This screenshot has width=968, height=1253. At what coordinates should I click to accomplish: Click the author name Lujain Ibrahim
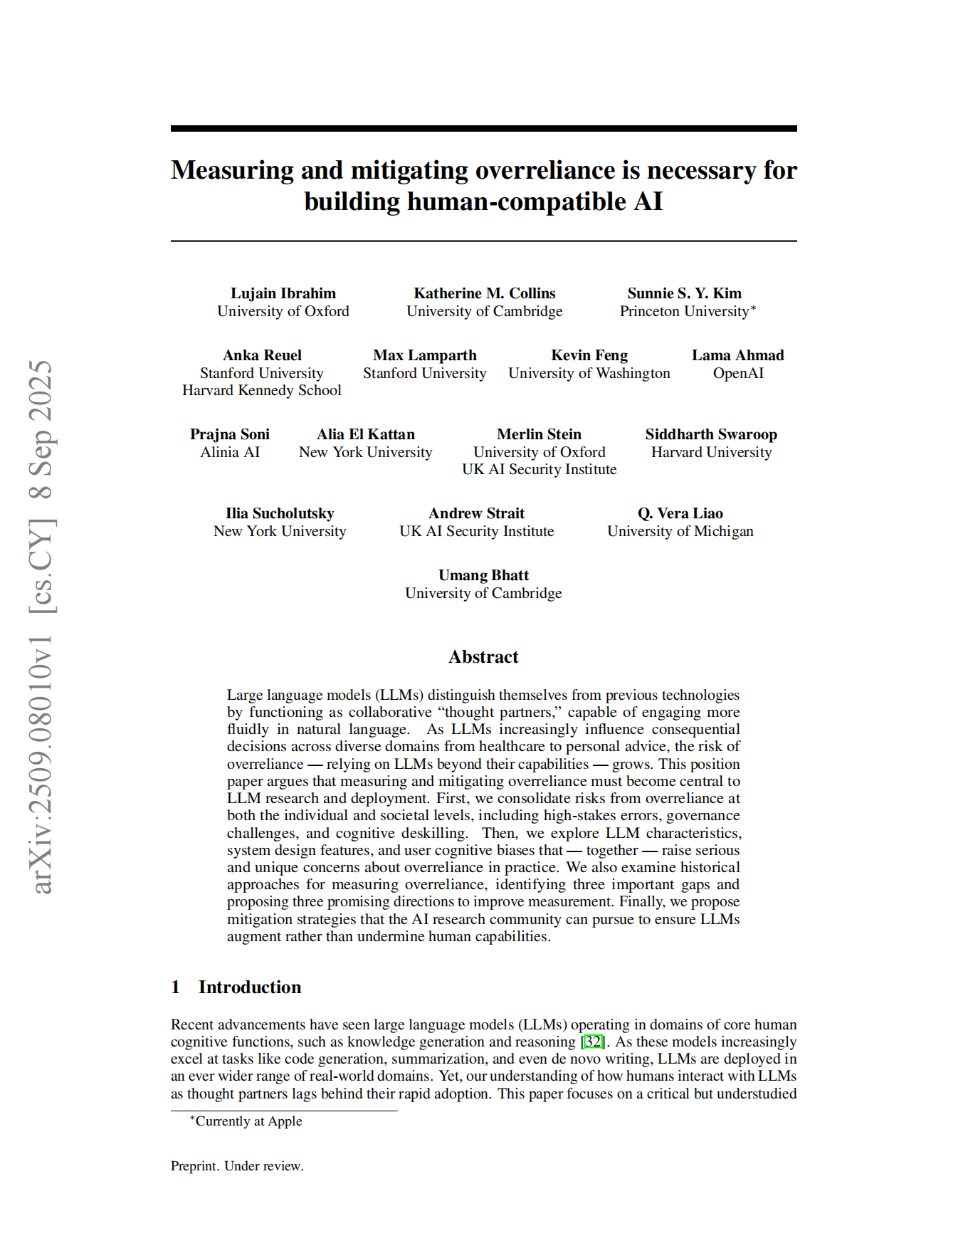pos(283,293)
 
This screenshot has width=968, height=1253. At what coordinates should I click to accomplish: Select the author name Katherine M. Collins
pos(484,293)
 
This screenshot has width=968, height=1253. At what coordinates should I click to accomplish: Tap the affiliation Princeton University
pos(684,311)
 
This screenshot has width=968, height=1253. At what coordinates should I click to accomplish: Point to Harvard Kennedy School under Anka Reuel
pos(261,390)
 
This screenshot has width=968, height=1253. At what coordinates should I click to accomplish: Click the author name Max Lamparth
pos(424,355)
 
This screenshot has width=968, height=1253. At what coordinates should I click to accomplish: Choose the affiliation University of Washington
pos(589,373)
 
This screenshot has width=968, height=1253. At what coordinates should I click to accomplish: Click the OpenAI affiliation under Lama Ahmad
pos(737,373)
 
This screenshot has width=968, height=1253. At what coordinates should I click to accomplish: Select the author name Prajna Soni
pos(229,434)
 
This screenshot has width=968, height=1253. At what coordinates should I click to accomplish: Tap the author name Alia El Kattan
pos(365,434)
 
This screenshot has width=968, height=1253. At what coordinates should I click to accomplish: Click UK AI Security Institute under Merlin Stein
pos(539,469)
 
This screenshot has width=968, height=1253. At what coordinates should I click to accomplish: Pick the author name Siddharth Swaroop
pos(710,434)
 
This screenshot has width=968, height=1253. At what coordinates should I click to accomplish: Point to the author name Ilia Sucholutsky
pos(280,513)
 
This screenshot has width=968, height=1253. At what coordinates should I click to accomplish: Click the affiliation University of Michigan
pos(680,531)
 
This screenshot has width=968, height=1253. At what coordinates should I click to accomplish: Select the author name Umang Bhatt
pos(483,575)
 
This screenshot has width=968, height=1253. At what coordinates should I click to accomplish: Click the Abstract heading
pos(483,656)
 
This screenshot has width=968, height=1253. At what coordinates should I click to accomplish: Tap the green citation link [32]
pos(593,1042)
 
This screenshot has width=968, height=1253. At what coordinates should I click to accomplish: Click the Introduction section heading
pos(249,987)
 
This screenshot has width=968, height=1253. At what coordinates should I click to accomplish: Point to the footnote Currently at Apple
pos(248,1121)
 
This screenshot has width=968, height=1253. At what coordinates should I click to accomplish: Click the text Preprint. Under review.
pos(237,1166)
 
